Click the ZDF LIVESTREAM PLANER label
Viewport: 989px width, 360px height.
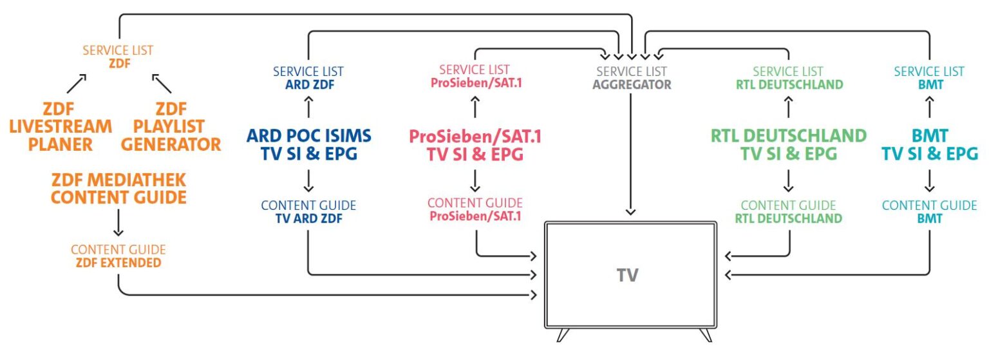pyautogui.click(x=61, y=126)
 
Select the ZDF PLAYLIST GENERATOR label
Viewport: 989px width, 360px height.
pyautogui.click(x=171, y=126)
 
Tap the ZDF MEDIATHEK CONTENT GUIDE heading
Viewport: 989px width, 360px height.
pyautogui.click(x=118, y=189)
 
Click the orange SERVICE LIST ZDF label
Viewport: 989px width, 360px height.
pyautogui.click(x=118, y=55)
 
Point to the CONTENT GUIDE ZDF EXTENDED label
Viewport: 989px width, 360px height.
pyautogui.click(x=118, y=256)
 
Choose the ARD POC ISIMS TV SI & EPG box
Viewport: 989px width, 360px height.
pyautogui.click(x=308, y=144)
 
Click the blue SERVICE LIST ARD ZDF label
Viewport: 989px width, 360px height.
pyautogui.click(x=308, y=77)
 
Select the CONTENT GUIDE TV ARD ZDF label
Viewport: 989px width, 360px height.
pyautogui.click(x=308, y=211)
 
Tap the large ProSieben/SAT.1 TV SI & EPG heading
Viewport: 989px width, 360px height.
pyautogui.click(x=475, y=146)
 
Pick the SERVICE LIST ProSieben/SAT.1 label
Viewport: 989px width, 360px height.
pyautogui.click(x=475, y=76)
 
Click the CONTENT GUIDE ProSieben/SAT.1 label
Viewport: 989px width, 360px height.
pyautogui.click(x=475, y=210)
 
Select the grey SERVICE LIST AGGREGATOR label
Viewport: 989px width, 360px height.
pyautogui.click(x=632, y=77)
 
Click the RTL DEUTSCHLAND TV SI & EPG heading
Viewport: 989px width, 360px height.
pyautogui.click(x=789, y=144)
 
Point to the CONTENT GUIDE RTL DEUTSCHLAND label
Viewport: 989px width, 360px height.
pyautogui.click(x=789, y=211)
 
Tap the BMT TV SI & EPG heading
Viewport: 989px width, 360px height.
pyautogui.click(x=930, y=144)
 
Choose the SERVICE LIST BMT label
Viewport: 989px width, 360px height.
pyautogui.click(x=930, y=77)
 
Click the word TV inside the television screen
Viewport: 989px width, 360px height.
pyautogui.click(x=627, y=276)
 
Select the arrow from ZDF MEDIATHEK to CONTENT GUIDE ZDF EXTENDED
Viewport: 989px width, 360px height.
pyautogui.click(x=118, y=223)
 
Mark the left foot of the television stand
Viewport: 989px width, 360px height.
pyautogui.click(x=563, y=335)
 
